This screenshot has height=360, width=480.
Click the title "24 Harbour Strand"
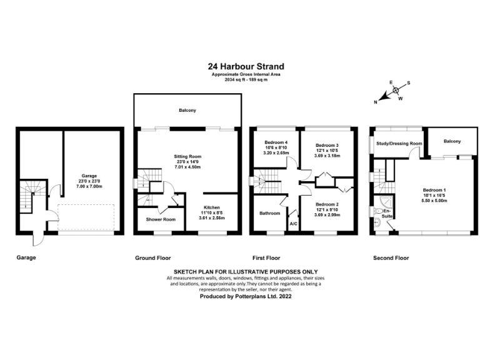point(246,66)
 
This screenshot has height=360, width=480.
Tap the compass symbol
point(396,91)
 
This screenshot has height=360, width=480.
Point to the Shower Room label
point(161,219)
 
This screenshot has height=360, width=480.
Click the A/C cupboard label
point(293,223)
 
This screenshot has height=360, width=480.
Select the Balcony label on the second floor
point(452,141)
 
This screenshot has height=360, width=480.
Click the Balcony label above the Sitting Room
point(187,111)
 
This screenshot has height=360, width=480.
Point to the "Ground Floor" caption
point(153,257)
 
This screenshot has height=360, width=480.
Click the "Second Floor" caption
point(391,257)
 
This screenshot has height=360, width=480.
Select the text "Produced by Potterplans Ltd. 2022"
point(246,297)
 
